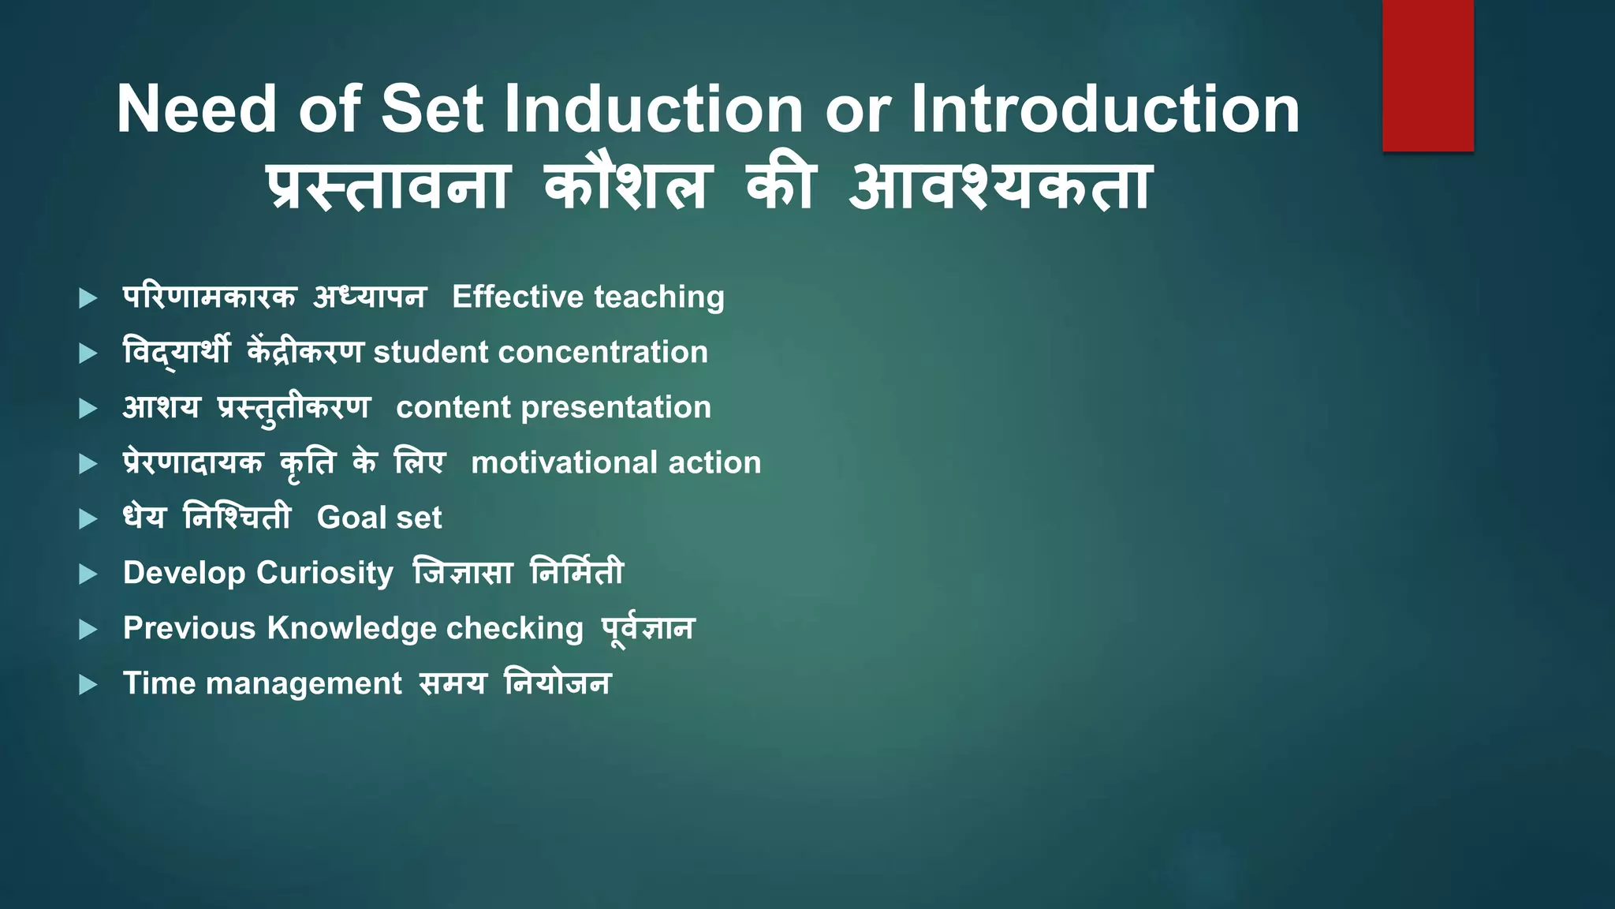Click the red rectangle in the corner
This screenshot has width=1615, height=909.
[1427, 76]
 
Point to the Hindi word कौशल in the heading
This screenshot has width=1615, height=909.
[627, 188]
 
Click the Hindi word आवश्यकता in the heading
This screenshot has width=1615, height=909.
[1000, 188]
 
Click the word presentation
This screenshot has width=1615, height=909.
[616, 408]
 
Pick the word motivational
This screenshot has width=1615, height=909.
[563, 463]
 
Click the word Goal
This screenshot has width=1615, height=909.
[351, 518]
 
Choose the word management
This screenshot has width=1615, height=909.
[304, 683]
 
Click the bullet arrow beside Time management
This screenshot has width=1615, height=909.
[88, 684]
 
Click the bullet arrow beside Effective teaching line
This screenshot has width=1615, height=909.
[88, 298]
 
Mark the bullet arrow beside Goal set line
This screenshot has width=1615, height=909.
[88, 519]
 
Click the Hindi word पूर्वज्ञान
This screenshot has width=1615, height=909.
[647, 629]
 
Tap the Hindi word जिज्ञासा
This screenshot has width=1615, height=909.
[464, 574]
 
